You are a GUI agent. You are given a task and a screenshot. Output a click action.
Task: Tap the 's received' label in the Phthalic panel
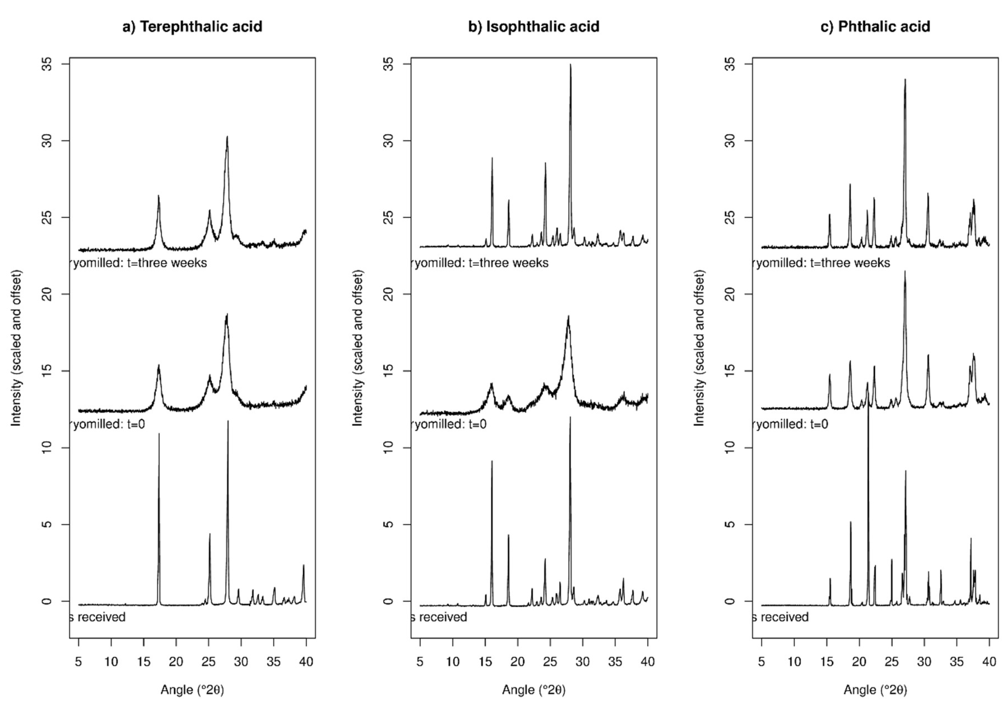coord(781,617)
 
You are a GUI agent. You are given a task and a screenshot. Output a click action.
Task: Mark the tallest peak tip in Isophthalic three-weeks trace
coord(570,65)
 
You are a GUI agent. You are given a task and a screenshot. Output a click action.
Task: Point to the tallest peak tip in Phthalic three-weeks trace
coord(905,80)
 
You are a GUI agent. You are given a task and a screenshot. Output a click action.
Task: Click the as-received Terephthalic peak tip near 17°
coord(159,434)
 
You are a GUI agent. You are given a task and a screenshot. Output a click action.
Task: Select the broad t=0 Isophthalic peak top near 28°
coord(568,316)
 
